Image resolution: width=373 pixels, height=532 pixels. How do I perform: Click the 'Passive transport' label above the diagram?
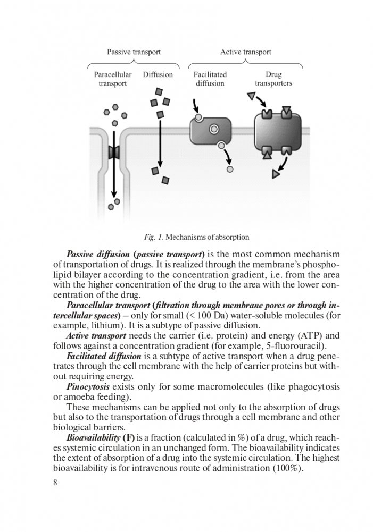[134, 52]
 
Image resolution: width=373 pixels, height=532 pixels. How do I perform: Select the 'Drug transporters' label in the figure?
[273, 79]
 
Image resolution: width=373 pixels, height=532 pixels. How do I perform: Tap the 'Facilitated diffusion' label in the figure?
[210, 79]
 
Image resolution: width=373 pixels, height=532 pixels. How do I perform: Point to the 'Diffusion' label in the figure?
[158, 75]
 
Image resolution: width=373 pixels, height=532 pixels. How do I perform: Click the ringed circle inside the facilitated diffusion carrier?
[214, 129]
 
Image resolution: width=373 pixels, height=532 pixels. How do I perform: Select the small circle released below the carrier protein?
[230, 169]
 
